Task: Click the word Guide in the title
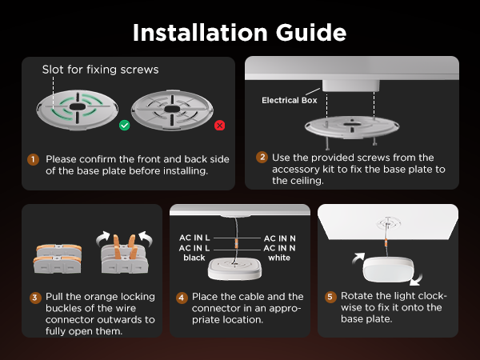(x=311, y=33)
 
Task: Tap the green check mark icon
(x=124, y=126)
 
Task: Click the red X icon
(x=219, y=126)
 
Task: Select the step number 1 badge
(x=33, y=159)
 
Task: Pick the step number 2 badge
(x=262, y=158)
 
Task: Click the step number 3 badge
(x=35, y=298)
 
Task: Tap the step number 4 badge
(x=182, y=298)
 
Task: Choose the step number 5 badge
(x=330, y=297)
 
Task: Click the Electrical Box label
(x=290, y=101)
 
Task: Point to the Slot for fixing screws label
(x=101, y=70)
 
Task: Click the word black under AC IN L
(x=194, y=258)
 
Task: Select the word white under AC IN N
(x=279, y=258)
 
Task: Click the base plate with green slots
(x=77, y=110)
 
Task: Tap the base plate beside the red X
(x=172, y=110)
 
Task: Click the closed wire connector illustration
(x=58, y=258)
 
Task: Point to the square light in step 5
(x=388, y=269)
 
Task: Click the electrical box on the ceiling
(x=351, y=86)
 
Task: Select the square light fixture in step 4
(x=234, y=269)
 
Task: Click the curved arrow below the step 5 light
(x=416, y=279)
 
